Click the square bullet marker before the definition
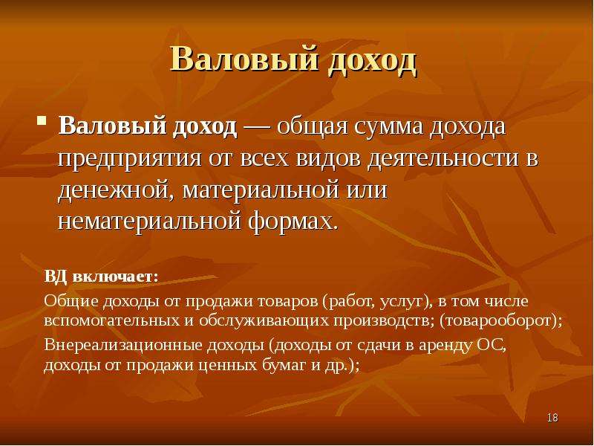click(42, 120)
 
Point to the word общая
click(313, 126)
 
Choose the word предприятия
click(129, 159)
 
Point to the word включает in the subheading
click(115, 277)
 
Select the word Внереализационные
click(123, 346)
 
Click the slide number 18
click(552, 418)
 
